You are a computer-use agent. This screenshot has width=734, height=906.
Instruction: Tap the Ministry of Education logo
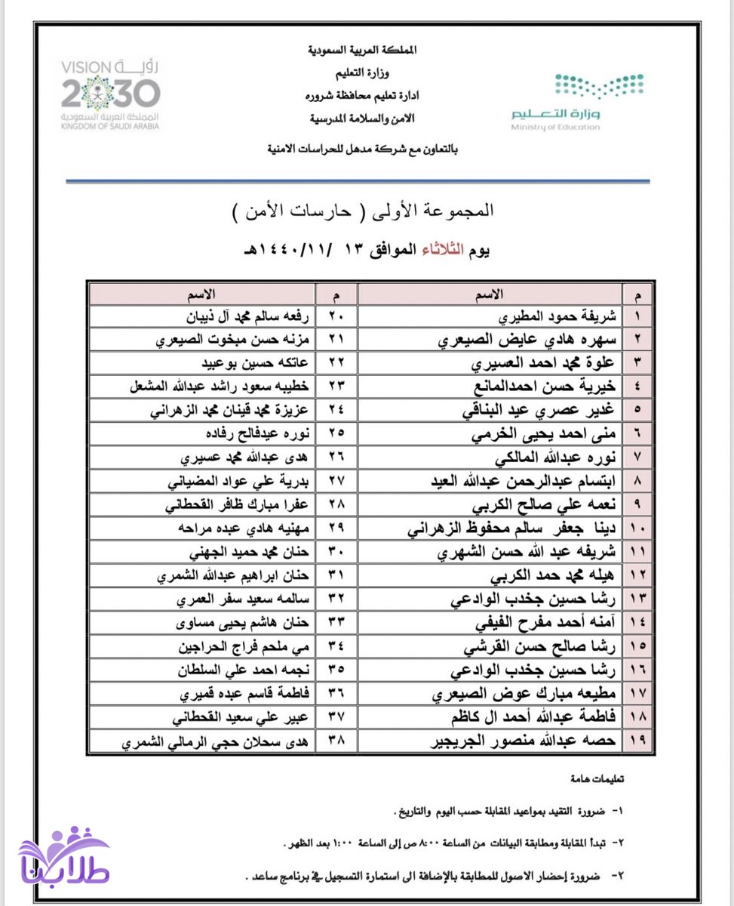click(x=577, y=102)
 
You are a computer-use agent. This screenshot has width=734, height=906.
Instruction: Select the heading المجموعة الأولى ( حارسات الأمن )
click(x=364, y=211)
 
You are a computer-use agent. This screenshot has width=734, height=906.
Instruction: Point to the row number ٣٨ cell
click(x=336, y=741)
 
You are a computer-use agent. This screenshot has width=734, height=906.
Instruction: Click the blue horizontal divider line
click(x=358, y=181)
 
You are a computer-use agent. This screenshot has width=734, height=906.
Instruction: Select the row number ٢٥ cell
click(x=336, y=435)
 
